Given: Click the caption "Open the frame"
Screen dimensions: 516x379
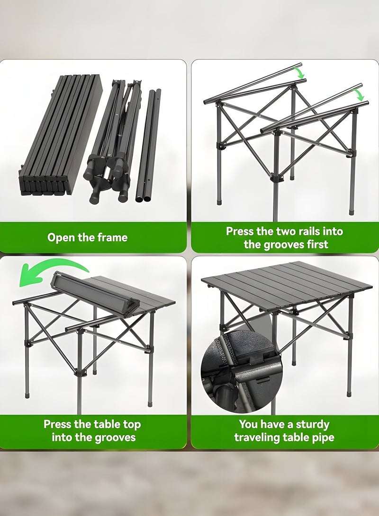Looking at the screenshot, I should [87, 237].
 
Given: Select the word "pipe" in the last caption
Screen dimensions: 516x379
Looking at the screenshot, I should [323, 437].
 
